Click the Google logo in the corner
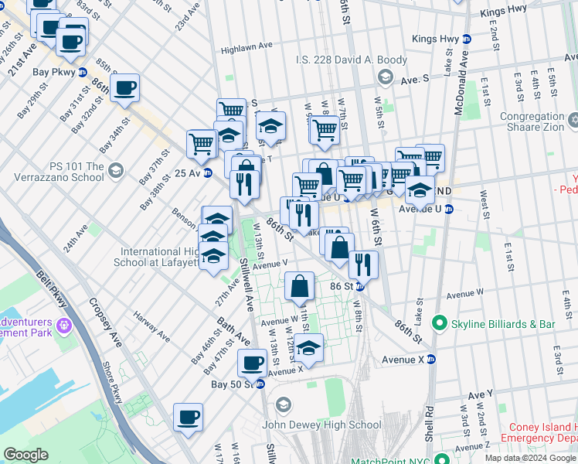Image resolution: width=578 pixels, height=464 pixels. [x=25, y=455]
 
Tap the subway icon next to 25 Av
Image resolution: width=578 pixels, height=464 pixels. [x=207, y=172]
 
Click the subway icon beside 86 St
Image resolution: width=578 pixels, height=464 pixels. [x=359, y=286]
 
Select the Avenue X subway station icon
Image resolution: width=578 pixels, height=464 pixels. [x=431, y=359]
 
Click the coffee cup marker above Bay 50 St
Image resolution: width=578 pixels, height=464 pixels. [x=251, y=362]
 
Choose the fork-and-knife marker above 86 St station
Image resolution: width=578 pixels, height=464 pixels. [x=362, y=264]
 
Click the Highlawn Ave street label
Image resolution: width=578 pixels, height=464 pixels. [x=246, y=47]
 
